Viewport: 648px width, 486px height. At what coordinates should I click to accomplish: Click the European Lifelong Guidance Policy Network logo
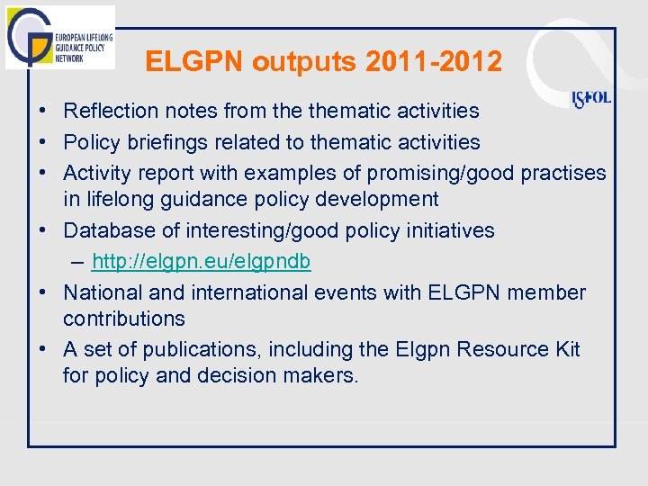click(59, 37)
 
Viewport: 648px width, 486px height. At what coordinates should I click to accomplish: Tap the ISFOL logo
click(591, 98)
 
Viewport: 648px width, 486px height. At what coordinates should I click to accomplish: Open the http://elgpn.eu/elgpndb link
click(201, 262)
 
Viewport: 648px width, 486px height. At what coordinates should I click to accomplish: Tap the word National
click(101, 292)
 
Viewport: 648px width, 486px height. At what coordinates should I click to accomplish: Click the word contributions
click(123, 319)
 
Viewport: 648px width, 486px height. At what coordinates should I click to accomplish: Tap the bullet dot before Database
click(42, 230)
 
